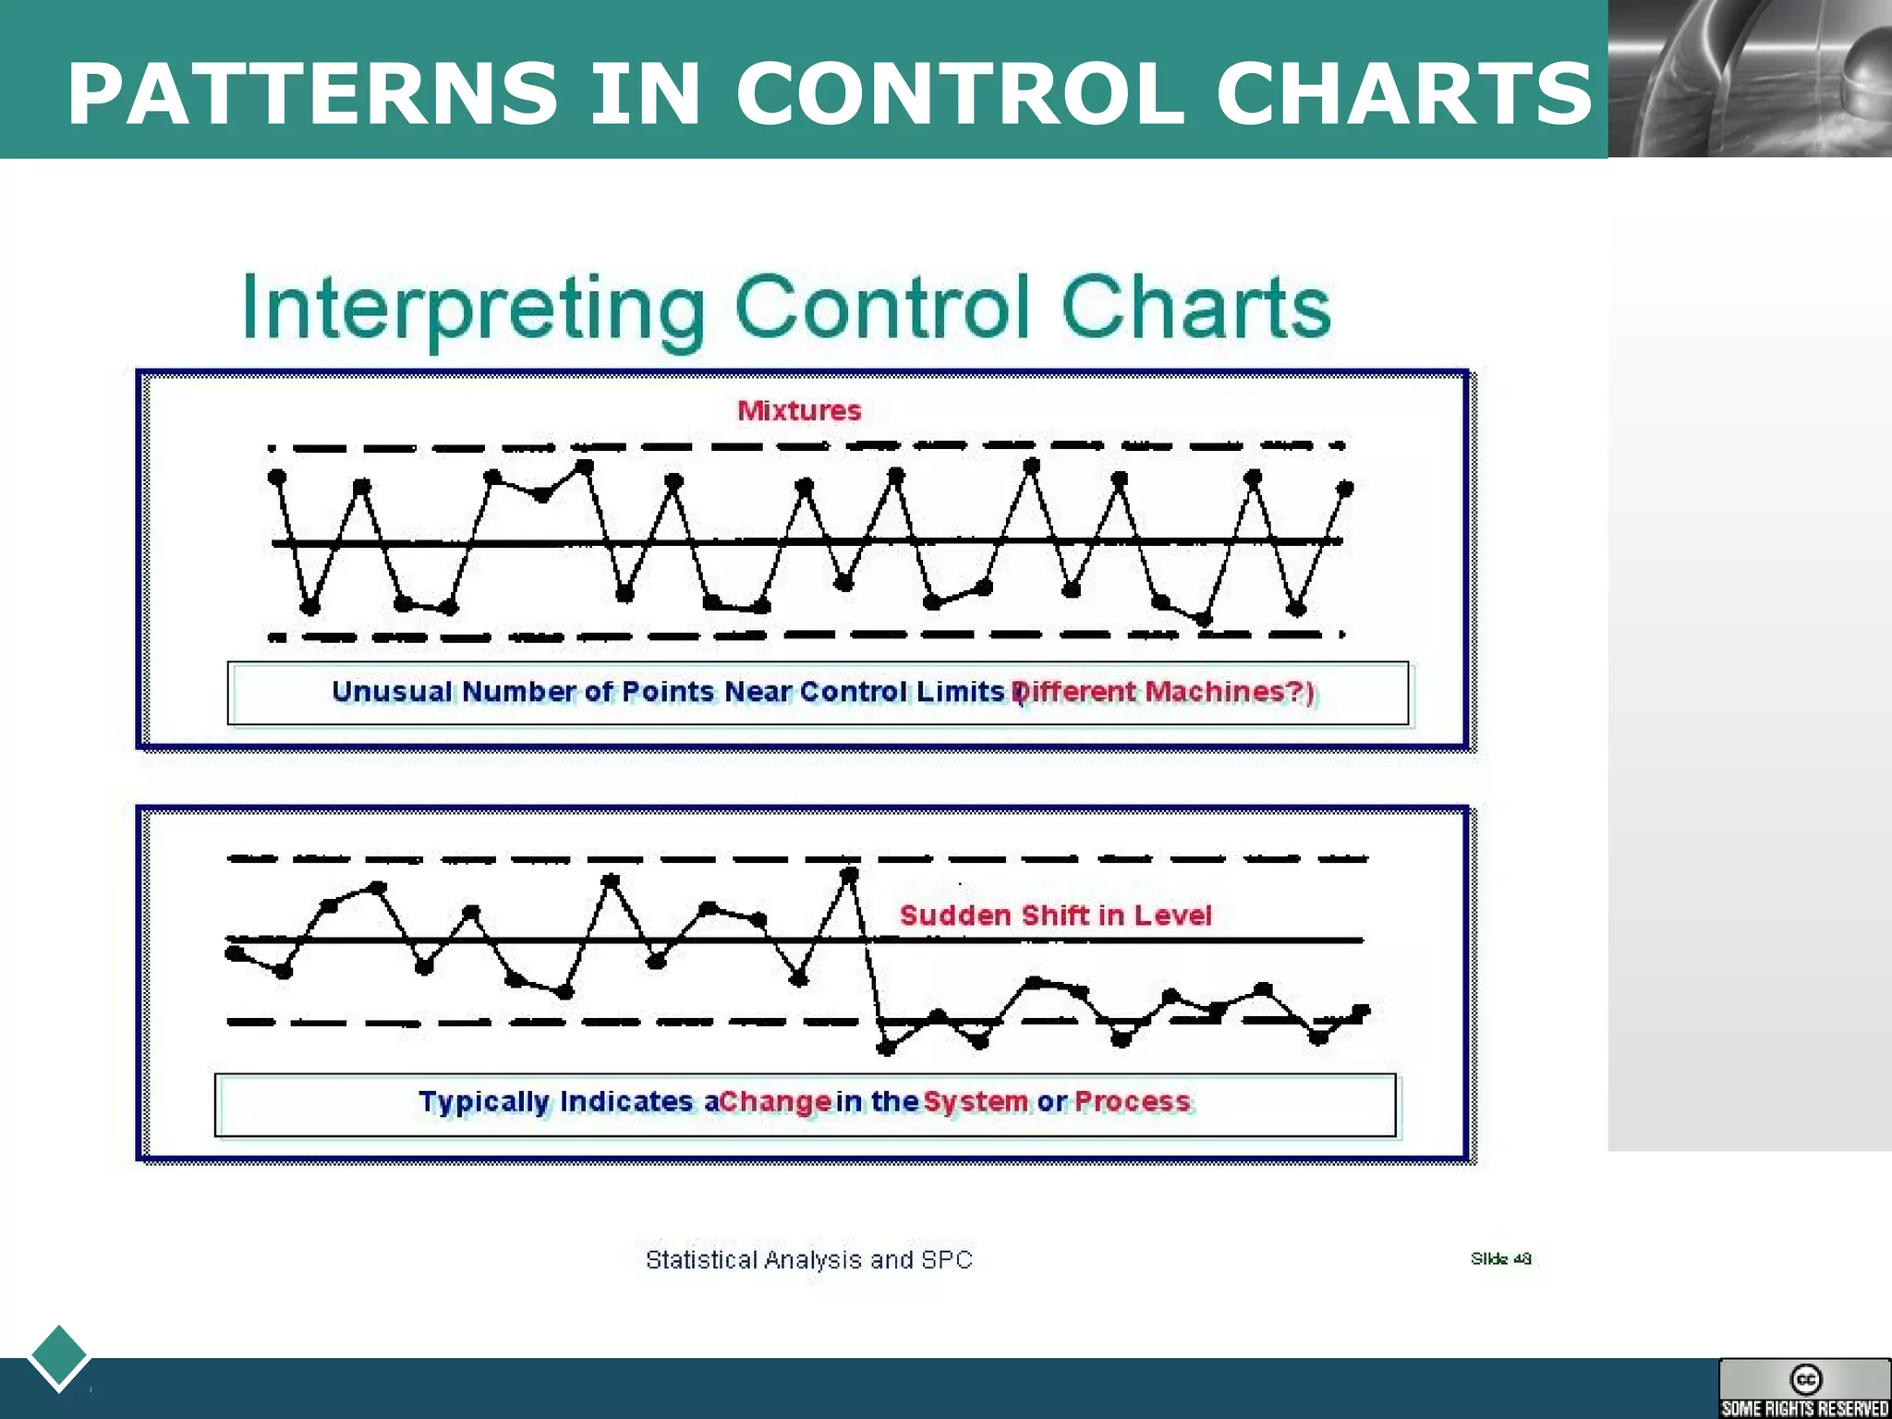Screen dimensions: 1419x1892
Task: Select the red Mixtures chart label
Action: [x=799, y=410]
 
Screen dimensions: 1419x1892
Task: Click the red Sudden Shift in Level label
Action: [x=1055, y=916]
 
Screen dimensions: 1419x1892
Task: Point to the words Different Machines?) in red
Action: [x=1164, y=692]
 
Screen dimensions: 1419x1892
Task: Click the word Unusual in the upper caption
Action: [x=392, y=692]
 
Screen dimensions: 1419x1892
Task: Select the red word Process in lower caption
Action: [x=1133, y=1102]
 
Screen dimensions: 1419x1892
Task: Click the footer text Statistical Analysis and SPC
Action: [x=808, y=1260]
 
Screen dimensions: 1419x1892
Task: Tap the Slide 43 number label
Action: [x=1500, y=1258]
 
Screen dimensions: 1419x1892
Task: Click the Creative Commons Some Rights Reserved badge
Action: [x=1804, y=1388]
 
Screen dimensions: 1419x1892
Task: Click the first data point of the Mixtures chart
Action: [x=276, y=477]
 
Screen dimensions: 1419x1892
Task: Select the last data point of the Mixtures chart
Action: [x=1345, y=488]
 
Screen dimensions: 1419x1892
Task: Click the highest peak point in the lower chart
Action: [x=850, y=873]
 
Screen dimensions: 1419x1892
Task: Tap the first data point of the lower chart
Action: [x=234, y=952]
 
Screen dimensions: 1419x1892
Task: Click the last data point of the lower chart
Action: [x=1361, y=1012]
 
